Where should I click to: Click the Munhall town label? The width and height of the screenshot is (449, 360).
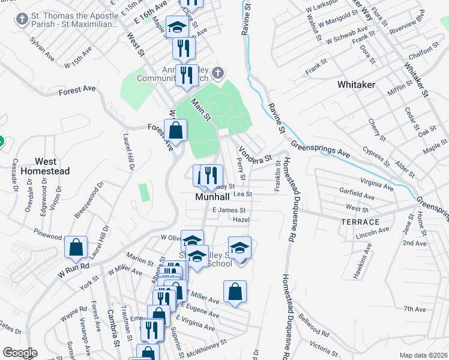click(x=210, y=197)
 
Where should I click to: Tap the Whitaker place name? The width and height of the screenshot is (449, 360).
click(x=356, y=85)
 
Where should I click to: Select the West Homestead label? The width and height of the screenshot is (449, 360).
click(x=45, y=166)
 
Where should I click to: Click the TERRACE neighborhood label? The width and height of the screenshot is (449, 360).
click(x=360, y=222)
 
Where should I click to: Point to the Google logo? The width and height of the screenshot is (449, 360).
click(x=20, y=353)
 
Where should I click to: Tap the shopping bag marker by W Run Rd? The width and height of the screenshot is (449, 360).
click(x=76, y=247)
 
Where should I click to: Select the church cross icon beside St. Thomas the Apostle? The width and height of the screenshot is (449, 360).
click(x=22, y=20)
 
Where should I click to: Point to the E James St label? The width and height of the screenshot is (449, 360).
click(x=230, y=210)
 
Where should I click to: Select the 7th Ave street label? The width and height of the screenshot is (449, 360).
click(x=414, y=309)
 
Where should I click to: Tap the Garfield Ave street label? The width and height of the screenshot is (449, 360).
click(x=374, y=195)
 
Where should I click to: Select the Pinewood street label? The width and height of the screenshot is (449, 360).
click(x=48, y=232)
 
